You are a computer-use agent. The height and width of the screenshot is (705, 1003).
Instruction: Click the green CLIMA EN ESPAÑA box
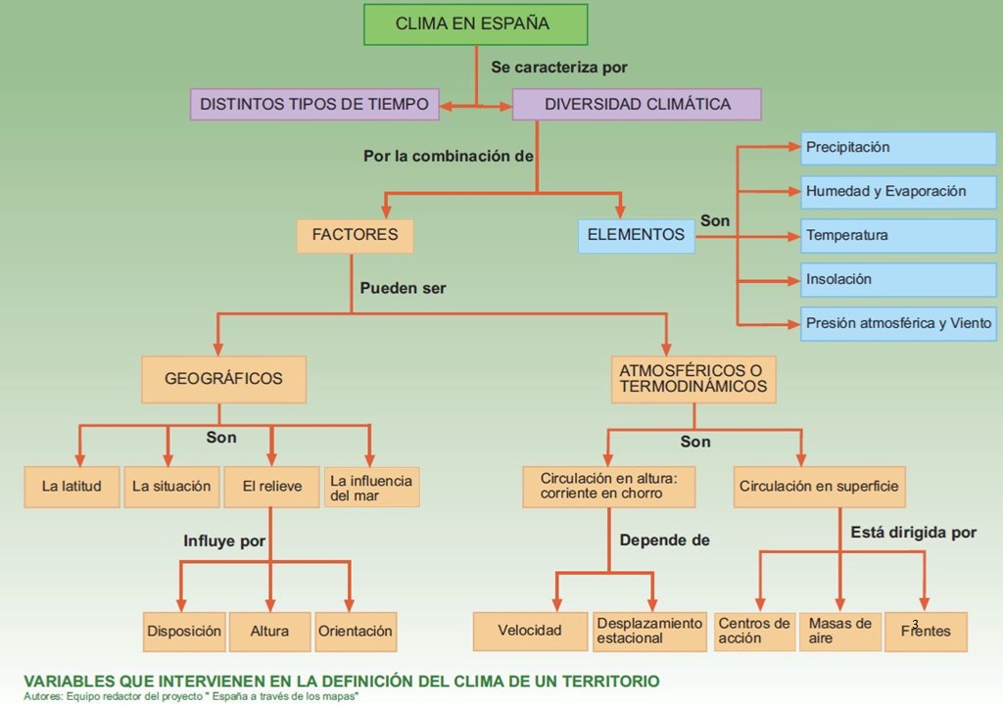475,24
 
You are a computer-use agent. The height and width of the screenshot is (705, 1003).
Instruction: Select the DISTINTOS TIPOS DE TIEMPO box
314,104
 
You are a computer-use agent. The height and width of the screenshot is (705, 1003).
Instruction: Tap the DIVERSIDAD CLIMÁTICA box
637,104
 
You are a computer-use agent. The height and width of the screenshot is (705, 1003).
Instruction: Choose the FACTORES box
355,235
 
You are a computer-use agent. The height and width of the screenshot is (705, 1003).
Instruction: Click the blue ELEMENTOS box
637,235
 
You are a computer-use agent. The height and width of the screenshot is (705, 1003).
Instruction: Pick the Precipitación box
898,148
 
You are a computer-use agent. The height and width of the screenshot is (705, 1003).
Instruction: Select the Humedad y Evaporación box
898,192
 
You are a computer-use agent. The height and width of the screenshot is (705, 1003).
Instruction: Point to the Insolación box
898,280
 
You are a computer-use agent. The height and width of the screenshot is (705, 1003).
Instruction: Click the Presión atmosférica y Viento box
898,324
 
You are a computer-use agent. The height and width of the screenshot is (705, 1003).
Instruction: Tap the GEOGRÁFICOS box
224,379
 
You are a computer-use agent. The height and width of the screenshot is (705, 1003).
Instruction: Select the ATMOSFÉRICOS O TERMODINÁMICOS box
693,379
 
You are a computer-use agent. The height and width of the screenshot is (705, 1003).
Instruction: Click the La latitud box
72,487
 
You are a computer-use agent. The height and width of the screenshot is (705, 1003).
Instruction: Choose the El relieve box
272,487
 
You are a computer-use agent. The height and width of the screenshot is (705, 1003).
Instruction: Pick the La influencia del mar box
371,487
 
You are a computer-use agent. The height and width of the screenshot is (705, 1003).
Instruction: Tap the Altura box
270,632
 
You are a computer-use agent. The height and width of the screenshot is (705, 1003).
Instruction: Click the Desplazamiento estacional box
649,632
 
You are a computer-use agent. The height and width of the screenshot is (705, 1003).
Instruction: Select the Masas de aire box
839,632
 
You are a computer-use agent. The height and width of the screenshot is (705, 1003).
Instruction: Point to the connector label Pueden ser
403,289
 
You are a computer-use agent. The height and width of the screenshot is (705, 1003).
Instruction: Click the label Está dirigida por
914,533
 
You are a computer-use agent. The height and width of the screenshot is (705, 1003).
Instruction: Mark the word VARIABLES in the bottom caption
70,681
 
